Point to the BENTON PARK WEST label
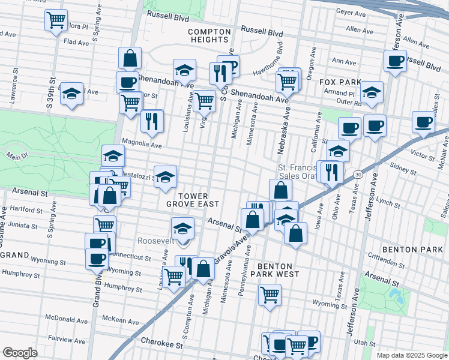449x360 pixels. (x=275, y=270)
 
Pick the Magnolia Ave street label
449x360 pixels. (x=142, y=144)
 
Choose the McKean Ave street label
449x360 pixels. (x=121, y=318)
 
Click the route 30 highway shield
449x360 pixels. (x=358, y=174)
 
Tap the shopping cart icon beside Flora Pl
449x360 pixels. (x=56, y=20)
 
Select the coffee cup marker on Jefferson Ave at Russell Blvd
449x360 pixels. (x=395, y=61)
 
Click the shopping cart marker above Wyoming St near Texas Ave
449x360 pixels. (x=270, y=295)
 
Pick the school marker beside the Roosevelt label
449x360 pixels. (x=182, y=229)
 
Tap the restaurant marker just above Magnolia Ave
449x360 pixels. (x=152, y=121)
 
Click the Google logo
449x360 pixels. (x=20, y=352)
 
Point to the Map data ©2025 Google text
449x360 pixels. (x=411, y=355)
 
